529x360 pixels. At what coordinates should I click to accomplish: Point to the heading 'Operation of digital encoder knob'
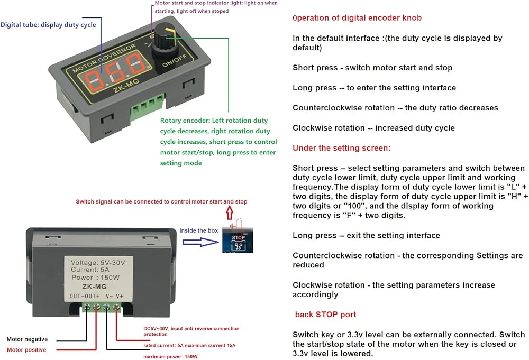(x=357, y=18)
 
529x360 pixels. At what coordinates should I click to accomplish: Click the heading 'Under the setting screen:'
(x=341, y=148)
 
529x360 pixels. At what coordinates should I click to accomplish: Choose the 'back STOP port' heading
(x=325, y=315)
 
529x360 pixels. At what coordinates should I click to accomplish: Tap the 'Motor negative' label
(x=27, y=339)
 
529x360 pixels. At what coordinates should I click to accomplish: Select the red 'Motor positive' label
(x=26, y=350)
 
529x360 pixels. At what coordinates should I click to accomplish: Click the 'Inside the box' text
(x=199, y=230)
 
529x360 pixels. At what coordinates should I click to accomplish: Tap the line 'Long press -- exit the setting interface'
(x=366, y=235)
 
